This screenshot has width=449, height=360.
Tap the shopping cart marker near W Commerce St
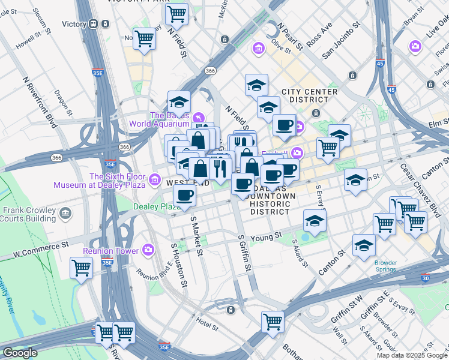point(81,268)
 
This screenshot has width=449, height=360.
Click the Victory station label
point(74,24)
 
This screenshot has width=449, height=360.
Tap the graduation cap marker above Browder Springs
point(364,245)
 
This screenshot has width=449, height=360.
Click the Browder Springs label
point(385,266)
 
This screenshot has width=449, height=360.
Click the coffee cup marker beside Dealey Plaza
point(184,194)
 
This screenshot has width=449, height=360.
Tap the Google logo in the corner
point(20,353)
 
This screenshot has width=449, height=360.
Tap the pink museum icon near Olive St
point(259,47)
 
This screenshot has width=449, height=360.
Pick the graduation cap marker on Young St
point(315,221)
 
